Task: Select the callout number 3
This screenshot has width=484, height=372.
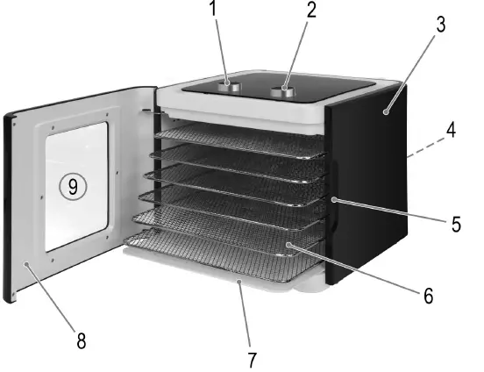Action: click(x=440, y=24)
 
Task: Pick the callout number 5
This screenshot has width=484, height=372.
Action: click(x=456, y=224)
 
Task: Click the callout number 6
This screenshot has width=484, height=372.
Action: click(x=427, y=296)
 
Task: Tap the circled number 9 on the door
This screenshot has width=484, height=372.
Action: click(x=73, y=186)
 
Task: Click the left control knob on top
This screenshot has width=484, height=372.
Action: click(x=232, y=85)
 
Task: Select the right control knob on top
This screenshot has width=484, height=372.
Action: click(x=286, y=89)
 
